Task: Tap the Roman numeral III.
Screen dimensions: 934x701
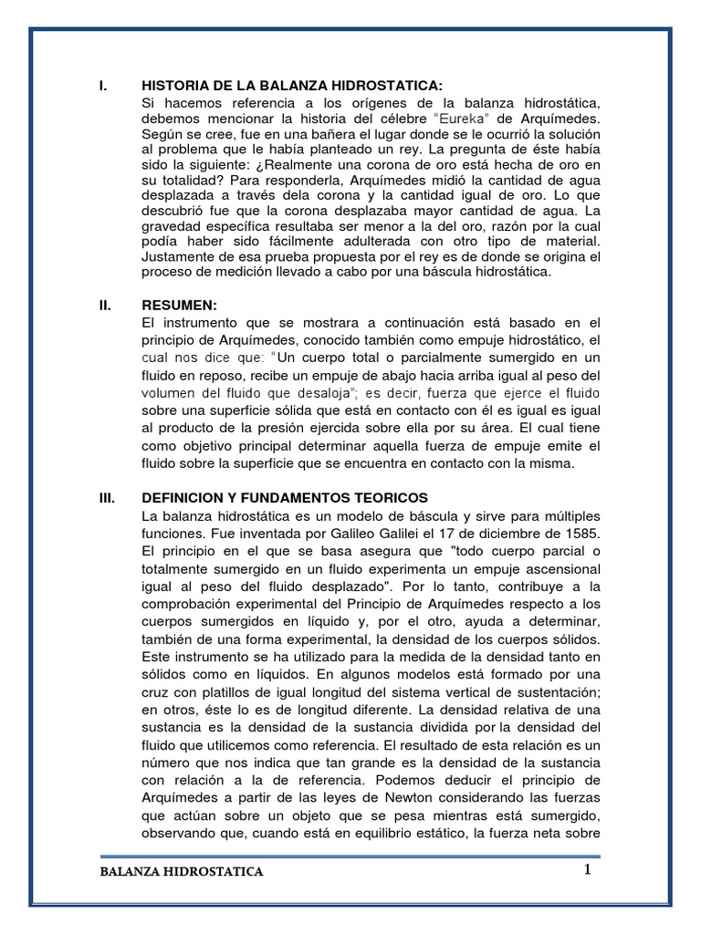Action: tap(106, 497)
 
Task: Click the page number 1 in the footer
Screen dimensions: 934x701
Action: tap(589, 869)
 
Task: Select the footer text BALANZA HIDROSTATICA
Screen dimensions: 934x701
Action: tap(182, 872)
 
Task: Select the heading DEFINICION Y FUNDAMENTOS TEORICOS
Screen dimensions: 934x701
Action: tap(285, 497)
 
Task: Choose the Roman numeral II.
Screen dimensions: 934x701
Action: tap(104, 306)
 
